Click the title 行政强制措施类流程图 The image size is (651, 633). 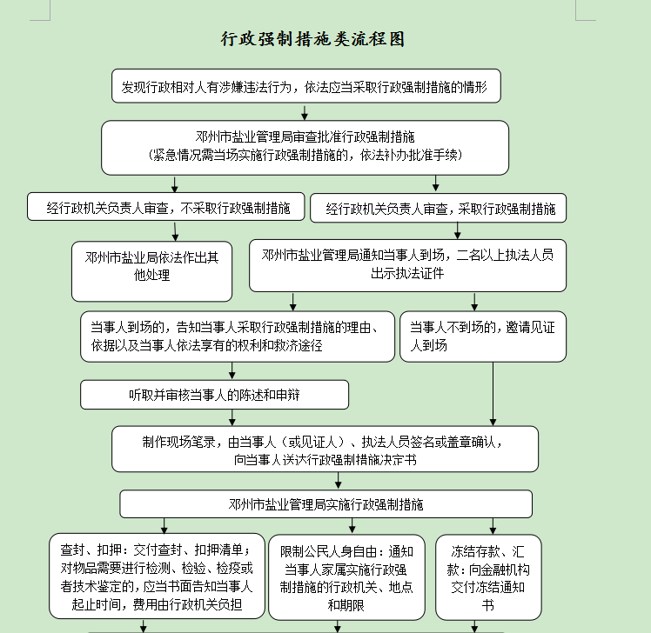(313, 40)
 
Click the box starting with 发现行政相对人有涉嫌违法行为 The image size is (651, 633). (305, 86)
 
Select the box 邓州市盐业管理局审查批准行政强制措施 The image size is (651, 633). (305, 147)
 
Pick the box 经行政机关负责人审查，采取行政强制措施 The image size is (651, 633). (438, 208)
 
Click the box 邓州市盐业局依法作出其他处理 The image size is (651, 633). (152, 270)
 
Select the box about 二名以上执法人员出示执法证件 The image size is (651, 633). (407, 264)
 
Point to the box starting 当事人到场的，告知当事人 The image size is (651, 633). (235, 336)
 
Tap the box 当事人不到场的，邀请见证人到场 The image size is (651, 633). (482, 336)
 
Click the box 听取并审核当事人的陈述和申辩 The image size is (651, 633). (214, 394)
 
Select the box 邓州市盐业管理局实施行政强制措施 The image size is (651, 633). (325, 503)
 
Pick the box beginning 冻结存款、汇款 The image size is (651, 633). (488, 576)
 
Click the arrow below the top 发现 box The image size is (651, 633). (305, 111)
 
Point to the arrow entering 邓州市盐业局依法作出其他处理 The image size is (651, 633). (176, 231)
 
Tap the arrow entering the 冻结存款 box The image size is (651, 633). (493, 526)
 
